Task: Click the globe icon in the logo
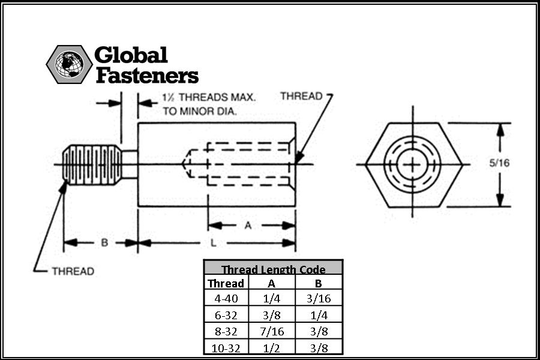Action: pos(69,64)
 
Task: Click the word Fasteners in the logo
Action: pos(147,76)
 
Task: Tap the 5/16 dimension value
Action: pos(499,163)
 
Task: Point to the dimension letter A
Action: pos(248,226)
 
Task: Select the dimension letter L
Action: pos(213,243)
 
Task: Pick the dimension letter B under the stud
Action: pos(104,242)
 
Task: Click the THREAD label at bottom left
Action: pos(73,271)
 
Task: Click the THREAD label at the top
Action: pos(301,96)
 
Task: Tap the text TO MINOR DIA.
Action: pos(200,111)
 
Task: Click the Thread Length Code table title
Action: pos(273,269)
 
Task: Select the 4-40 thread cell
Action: pos(226,298)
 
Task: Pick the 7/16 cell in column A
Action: pos(272,331)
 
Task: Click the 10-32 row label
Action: pos(226,348)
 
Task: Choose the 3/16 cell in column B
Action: pos(319,298)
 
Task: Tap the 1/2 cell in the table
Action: pos(272,348)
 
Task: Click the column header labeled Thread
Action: pos(226,283)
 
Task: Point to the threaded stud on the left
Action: pos(92,164)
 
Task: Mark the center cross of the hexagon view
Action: pos(413,164)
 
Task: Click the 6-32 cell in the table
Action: pos(226,315)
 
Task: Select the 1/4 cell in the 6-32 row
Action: pos(319,315)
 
